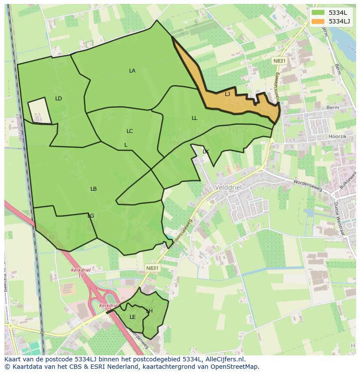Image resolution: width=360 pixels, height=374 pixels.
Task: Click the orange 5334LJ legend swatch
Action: [318, 21]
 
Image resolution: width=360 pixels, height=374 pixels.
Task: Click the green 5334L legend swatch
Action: [318, 13]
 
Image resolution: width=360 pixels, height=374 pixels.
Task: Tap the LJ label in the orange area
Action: [227, 94]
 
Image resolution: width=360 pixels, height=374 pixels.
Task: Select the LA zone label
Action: [132, 70]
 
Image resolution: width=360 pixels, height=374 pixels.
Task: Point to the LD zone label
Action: [59, 99]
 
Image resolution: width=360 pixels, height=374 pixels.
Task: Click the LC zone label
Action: [130, 131]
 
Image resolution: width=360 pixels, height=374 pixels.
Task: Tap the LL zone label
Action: [194, 118]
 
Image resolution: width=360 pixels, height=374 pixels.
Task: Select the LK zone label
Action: [206, 151]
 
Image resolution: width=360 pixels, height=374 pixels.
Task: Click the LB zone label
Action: [93, 189]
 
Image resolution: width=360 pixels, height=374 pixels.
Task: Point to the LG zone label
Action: [90, 215]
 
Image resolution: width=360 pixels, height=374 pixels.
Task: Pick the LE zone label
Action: [133, 317]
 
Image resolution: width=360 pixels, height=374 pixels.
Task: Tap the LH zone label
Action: [149, 311]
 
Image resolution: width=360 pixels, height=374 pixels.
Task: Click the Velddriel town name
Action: [228, 187]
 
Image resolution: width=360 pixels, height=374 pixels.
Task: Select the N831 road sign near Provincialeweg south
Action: [152, 268]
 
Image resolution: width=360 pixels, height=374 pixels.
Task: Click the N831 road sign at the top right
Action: [279, 61]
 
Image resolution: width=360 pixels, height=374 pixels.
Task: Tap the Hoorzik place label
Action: [337, 136]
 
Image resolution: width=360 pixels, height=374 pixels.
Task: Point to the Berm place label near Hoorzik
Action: [332, 106]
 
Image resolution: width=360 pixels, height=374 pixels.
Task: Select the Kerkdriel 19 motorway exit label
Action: [80, 272]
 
